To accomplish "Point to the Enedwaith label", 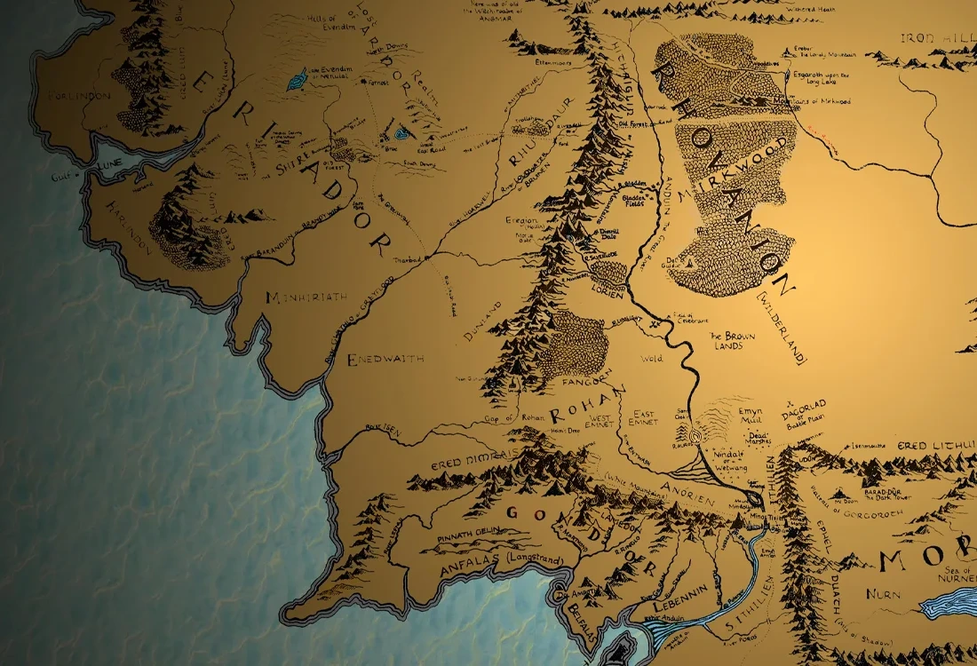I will [x=385, y=359].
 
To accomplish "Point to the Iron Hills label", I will [x=938, y=38].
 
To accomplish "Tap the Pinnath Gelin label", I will [x=469, y=538].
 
